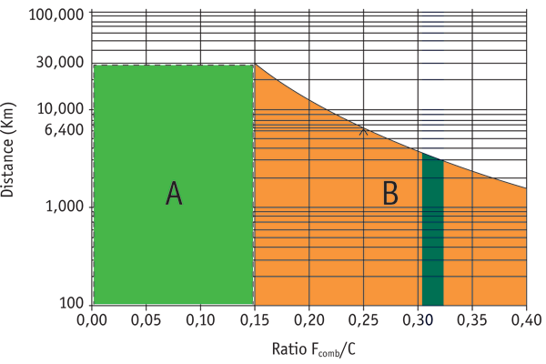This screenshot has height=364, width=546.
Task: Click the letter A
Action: coord(174,194)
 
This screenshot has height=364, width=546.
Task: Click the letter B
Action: coord(389,194)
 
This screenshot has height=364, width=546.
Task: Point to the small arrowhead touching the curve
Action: coord(363,131)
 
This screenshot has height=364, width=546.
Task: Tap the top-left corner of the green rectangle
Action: coord(95,66)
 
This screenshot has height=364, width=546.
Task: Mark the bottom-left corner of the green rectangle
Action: coord(95,304)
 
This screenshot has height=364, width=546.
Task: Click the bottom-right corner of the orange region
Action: coord(525,304)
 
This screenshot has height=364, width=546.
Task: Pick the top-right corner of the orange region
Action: coord(525,189)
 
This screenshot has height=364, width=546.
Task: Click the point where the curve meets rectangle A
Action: coord(254,65)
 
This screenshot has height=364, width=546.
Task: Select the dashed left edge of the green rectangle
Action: coord(94,182)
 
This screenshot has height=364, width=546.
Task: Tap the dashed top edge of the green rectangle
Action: coord(173,65)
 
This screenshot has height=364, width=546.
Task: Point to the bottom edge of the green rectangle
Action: coord(173,304)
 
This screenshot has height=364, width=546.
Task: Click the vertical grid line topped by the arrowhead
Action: coord(363,227)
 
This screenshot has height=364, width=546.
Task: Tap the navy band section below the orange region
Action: coord(433,332)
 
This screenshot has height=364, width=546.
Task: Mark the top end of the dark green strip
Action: coord(432,157)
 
